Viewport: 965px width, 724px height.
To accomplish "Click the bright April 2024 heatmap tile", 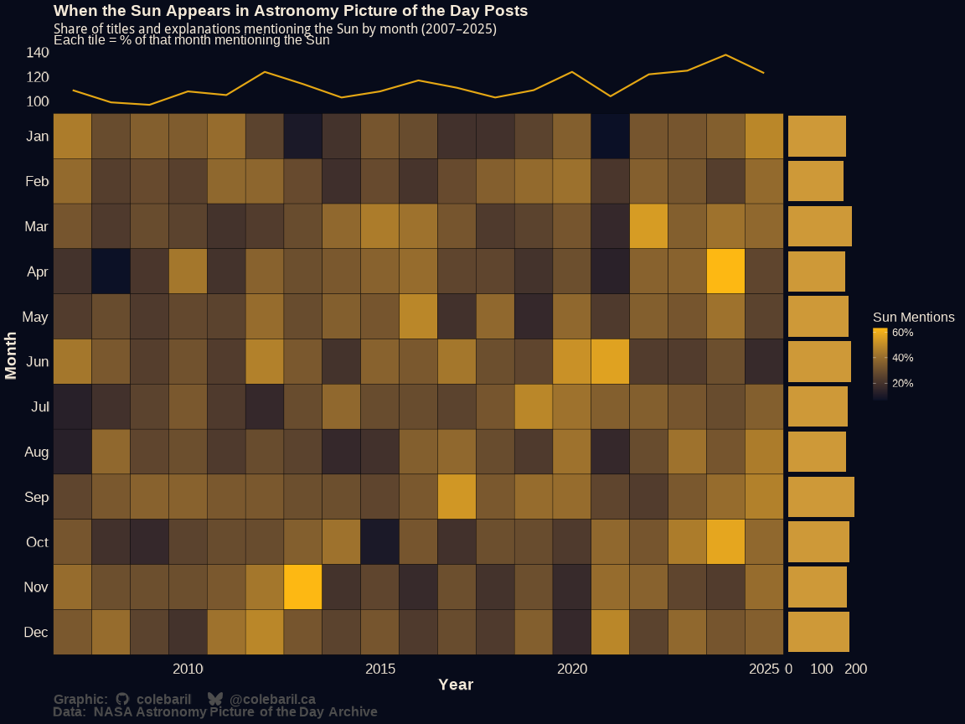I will [725, 271].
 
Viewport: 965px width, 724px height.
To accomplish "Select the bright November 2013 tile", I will [302, 587].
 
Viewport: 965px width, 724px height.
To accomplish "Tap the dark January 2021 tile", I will [610, 136].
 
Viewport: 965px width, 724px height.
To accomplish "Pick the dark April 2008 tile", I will [111, 271].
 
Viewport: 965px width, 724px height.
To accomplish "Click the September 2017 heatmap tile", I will [457, 496].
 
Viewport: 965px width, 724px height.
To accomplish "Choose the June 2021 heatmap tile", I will [610, 361].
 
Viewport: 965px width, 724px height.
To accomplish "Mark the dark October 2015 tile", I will [379, 541].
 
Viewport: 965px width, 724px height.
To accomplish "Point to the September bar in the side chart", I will [821, 496].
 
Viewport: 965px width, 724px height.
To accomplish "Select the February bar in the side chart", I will [815, 181].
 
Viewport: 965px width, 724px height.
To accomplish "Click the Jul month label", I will [39, 407].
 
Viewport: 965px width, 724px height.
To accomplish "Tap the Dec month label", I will [37, 633].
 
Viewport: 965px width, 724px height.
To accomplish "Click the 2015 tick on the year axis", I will [380, 669].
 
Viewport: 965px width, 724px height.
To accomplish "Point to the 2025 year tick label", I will [764, 669].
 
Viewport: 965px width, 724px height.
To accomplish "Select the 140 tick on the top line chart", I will [38, 53].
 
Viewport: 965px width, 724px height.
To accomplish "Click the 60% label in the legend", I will [902, 333].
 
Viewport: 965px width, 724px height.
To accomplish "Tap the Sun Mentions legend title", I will [913, 318].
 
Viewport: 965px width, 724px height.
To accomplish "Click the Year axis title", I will [456, 685].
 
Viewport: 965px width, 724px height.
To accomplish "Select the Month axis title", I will [12, 355].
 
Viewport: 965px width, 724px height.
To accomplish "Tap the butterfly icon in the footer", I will [215, 699].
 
